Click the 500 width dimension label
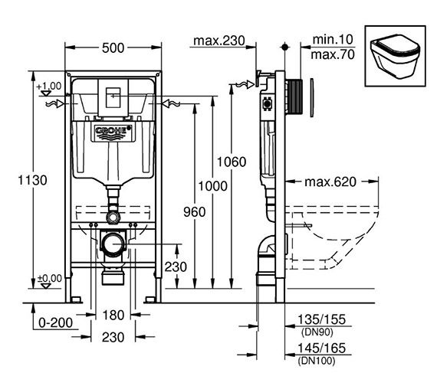point(113,48)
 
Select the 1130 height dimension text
point(33,180)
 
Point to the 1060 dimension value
point(232,162)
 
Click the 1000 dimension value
point(212,186)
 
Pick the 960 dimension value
point(195,212)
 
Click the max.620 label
point(330,182)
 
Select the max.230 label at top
point(219,41)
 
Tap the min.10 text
point(333,39)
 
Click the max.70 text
point(333,54)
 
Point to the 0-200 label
point(55,322)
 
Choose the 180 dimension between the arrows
point(113,316)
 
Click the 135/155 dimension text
point(322,319)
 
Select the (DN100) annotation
point(317,361)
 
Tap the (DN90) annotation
point(317,332)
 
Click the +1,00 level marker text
point(49,86)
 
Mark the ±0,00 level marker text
point(50,278)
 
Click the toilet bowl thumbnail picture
point(395,56)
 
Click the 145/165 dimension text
point(322,348)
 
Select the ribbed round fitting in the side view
point(294,96)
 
